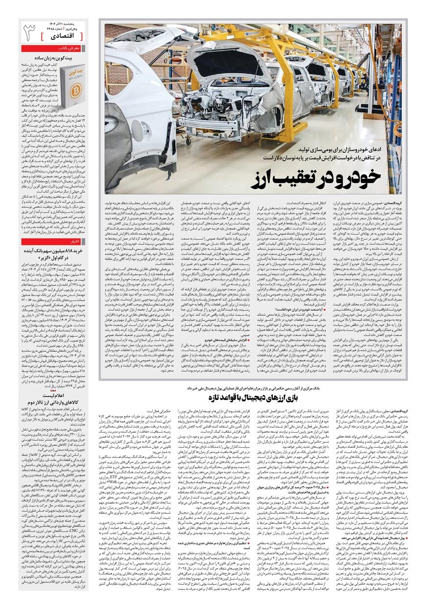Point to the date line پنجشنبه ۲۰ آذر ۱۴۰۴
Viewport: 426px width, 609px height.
[x=66, y=23]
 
